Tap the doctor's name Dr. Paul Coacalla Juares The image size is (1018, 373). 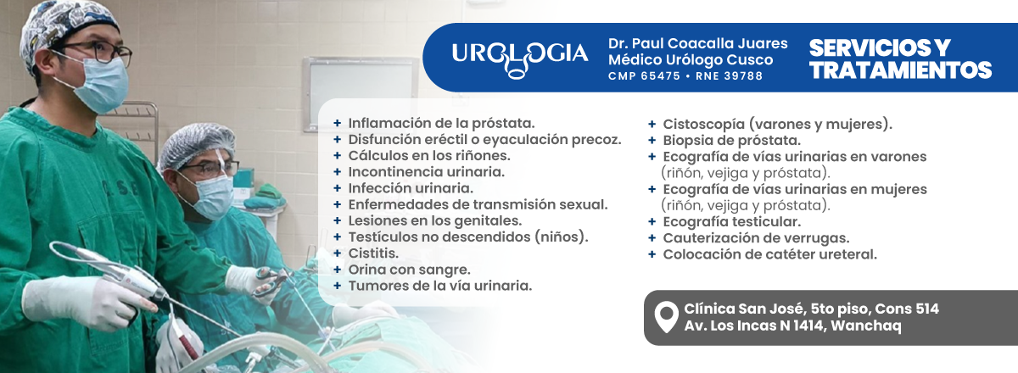pos(698,43)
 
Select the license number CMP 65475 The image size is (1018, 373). pos(645,76)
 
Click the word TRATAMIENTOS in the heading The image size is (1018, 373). pos(900,70)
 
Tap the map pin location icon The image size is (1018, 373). pos(666,318)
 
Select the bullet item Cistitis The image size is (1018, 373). pos(373,253)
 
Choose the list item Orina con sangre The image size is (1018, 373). pos(409,270)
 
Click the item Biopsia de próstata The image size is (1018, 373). pos(731,141)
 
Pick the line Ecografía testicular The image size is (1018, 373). pos(731,222)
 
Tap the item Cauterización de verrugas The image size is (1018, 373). pos(756,238)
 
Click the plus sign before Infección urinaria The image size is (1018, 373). pos(338,188)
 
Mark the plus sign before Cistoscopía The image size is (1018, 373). pos(652,124)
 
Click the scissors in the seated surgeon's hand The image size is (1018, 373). pos(271,282)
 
